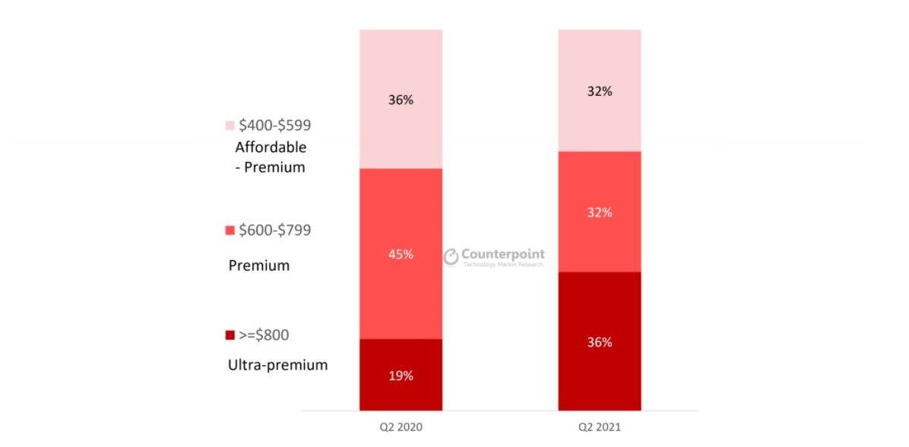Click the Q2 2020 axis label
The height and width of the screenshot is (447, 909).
click(401, 427)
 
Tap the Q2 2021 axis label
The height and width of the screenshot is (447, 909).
click(600, 427)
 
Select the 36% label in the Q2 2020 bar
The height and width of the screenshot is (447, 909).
click(401, 100)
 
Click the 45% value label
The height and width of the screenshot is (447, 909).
click(401, 254)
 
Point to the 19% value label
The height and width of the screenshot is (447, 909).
click(401, 376)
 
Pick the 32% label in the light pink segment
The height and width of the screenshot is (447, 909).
click(600, 91)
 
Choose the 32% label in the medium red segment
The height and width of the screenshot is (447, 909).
click(600, 213)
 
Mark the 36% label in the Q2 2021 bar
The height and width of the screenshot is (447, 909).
click(600, 342)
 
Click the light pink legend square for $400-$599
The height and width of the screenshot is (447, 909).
click(230, 125)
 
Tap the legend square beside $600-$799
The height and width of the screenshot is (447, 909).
click(230, 230)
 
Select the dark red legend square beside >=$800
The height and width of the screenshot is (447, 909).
click(230, 335)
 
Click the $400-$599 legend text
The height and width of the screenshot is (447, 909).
click(274, 125)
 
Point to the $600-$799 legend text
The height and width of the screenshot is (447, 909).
click(274, 230)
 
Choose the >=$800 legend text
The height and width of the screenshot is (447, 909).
click(264, 335)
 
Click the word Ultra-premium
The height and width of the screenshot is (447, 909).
click(277, 365)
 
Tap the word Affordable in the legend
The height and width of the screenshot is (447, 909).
click(271, 147)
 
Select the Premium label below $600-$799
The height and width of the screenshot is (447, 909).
click(259, 266)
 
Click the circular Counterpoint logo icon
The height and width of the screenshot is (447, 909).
click(451, 257)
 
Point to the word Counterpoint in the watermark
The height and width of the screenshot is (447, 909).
click(504, 254)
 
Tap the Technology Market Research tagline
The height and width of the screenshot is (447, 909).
click(504, 265)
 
